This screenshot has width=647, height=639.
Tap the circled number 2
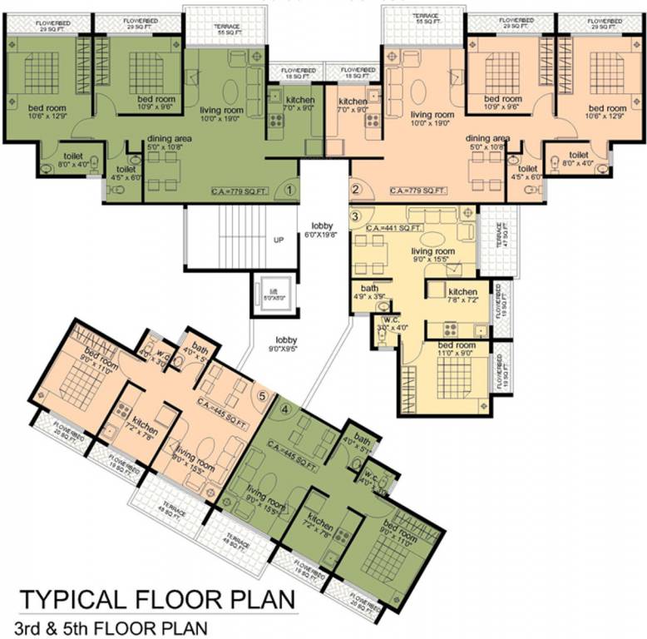tap(355, 190)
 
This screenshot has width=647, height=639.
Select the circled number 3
tap(356, 217)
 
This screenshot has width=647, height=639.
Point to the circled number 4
tap(284, 409)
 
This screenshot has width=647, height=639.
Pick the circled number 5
tap(264, 396)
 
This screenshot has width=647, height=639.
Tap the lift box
tap(273, 293)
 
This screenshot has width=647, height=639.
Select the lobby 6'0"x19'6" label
tap(322, 230)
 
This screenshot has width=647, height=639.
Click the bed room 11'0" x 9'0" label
tap(457, 350)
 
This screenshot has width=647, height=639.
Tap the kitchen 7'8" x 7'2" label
tap(462, 297)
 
